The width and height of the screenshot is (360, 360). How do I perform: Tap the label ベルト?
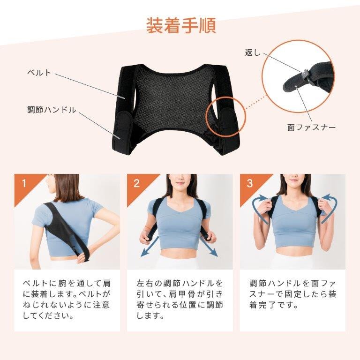click(x=39, y=73)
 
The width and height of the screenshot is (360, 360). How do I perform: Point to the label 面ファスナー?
click(x=311, y=127)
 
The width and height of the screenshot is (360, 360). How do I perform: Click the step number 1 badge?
click(x=23, y=183)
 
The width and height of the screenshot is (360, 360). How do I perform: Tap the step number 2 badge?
click(x=136, y=183)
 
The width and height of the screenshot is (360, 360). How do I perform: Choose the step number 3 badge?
click(x=249, y=183)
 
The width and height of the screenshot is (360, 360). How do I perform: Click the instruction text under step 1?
click(x=67, y=300)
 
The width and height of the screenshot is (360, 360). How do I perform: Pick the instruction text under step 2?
click(x=180, y=300)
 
